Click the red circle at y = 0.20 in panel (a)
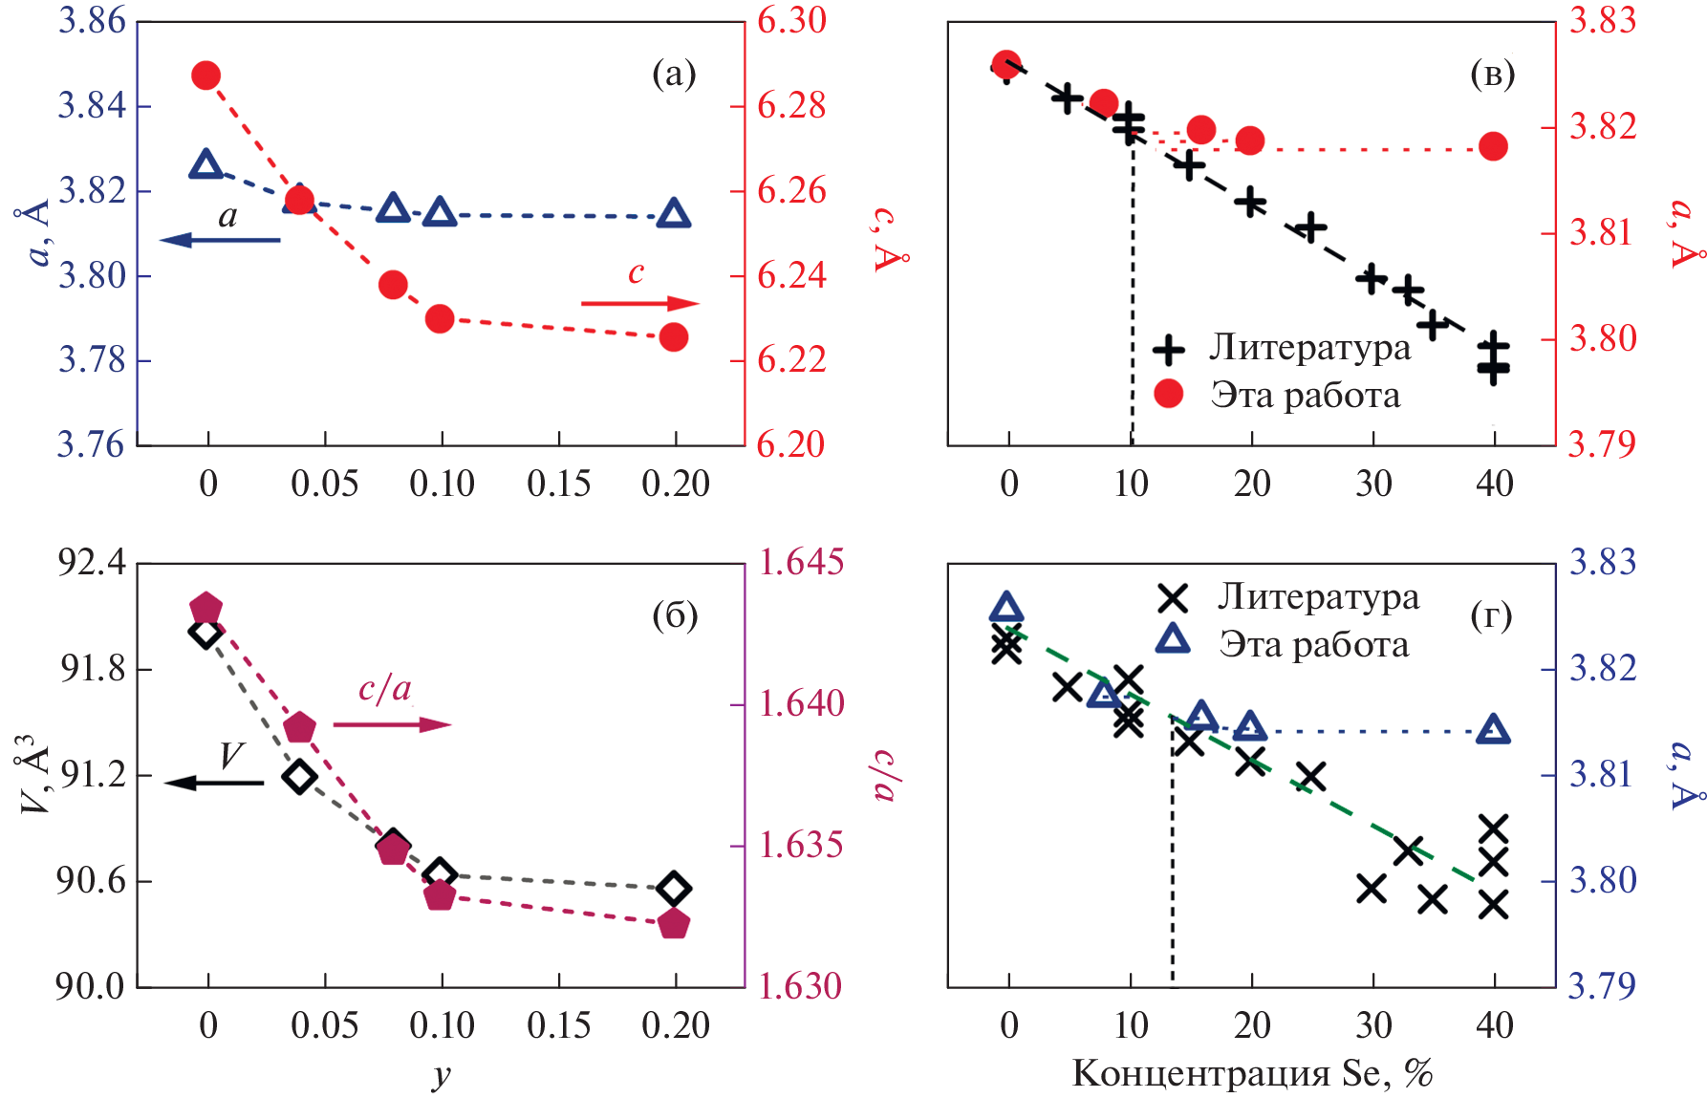pyautogui.click(x=674, y=337)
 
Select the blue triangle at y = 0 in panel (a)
pyautogui.click(x=206, y=165)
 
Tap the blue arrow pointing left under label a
pyautogui.click(x=220, y=239)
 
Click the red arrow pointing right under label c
pyautogui.click(x=640, y=304)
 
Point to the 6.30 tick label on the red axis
pyautogui.click(x=791, y=21)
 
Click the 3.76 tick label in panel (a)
pyautogui.click(x=92, y=444)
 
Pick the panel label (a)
pyautogui.click(x=674, y=74)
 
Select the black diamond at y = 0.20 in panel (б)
pyautogui.click(x=674, y=889)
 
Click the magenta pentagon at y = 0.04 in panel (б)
pyautogui.click(x=300, y=727)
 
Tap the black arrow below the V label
pyautogui.click(x=214, y=783)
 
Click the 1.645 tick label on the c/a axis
pyautogui.click(x=801, y=562)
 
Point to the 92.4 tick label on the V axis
pyautogui.click(x=92, y=562)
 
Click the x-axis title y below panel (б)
pyautogui.click(x=441, y=1074)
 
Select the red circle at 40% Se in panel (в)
pyautogui.click(x=1493, y=146)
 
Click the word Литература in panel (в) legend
pyautogui.click(x=1309, y=347)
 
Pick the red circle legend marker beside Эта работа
pyautogui.click(x=1169, y=394)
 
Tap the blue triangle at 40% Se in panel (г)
pyautogui.click(x=1493, y=731)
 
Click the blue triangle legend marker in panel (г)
pyautogui.click(x=1173, y=640)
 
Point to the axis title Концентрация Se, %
pyautogui.click(x=1252, y=1073)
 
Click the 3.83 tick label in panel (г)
pyautogui.click(x=1603, y=562)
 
